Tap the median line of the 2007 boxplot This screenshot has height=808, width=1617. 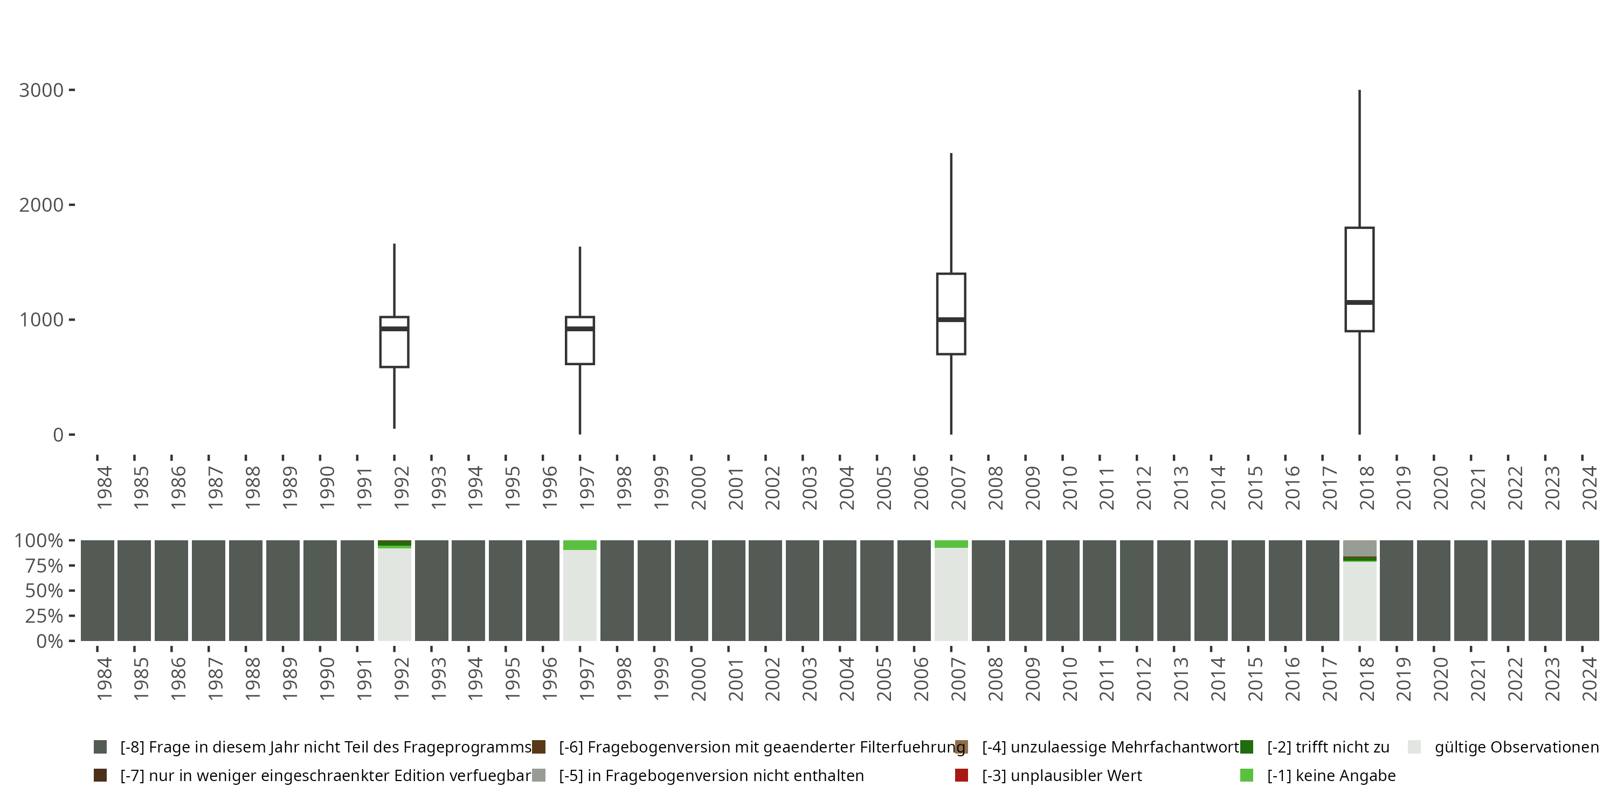[951, 320]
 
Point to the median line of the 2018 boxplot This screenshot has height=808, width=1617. [1360, 302]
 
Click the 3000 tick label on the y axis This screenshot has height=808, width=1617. [42, 90]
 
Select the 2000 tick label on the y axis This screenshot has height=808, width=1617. [42, 205]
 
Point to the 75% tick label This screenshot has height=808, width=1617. [44, 566]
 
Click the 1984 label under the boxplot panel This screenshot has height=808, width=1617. [104, 487]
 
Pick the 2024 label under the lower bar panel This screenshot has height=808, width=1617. [1590, 679]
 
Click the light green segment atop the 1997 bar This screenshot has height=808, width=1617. [579, 545]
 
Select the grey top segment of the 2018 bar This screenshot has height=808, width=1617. [1360, 548]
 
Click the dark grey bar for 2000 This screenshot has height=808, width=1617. [691, 590]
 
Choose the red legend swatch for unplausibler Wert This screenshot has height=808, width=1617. [961, 775]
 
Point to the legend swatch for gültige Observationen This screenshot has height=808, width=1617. [1414, 747]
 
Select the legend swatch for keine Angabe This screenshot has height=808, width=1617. [1247, 775]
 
